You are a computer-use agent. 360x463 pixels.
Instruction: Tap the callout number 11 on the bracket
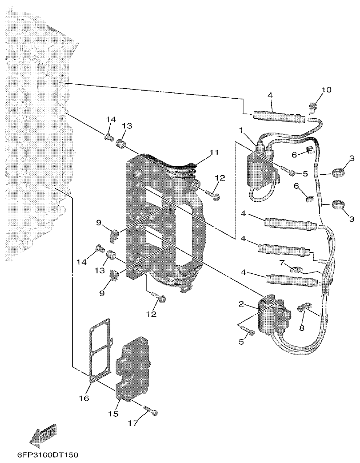pyautogui.click(x=213, y=152)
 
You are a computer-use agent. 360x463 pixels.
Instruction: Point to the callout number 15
pyautogui.click(x=113, y=414)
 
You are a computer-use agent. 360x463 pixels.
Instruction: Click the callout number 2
pyautogui.click(x=241, y=304)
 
